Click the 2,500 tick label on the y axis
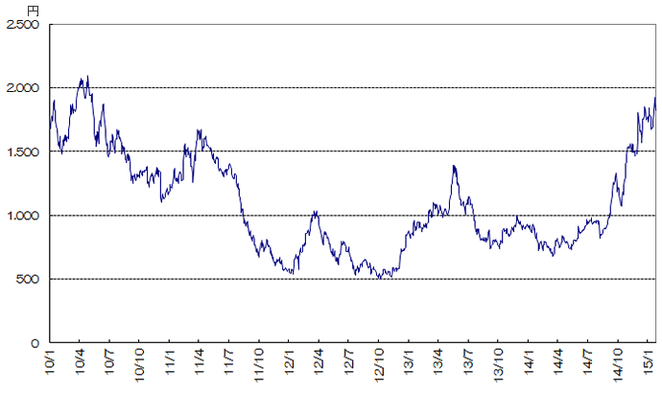(22, 25)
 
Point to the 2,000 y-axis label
(22, 88)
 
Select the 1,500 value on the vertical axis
(22, 152)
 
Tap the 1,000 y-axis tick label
(22, 216)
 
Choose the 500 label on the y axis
(28, 279)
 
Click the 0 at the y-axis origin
(35, 342)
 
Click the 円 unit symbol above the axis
(34, 10)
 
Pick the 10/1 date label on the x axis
(49, 365)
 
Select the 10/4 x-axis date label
(79, 365)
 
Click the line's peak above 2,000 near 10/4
(87, 77)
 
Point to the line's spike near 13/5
(453, 166)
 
